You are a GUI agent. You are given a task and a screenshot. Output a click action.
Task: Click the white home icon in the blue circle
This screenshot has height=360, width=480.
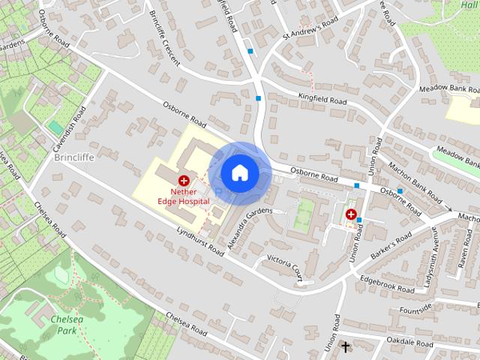click(239, 172)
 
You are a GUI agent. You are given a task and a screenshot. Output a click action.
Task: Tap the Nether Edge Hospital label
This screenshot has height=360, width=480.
click(184, 196)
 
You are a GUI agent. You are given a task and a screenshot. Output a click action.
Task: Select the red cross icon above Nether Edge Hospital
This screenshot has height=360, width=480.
click(184, 180)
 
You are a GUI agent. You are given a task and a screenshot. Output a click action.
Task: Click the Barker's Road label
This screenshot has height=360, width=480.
click(391, 247)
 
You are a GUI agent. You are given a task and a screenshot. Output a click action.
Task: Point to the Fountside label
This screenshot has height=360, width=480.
click(416, 308)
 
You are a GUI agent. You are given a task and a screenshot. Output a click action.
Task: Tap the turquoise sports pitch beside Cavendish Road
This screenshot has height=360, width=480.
click(56, 128)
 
